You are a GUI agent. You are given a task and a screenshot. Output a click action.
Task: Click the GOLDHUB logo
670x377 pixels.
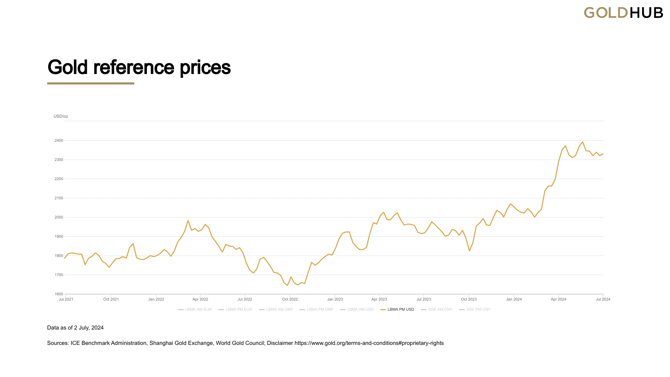[623, 13]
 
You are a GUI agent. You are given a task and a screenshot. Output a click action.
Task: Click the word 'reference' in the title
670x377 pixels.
[134, 67]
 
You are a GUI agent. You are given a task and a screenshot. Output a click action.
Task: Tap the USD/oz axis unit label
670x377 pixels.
[61, 116]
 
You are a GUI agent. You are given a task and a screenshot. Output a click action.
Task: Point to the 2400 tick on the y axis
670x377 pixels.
[59, 141]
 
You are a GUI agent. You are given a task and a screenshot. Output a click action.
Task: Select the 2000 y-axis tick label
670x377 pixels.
[59, 217]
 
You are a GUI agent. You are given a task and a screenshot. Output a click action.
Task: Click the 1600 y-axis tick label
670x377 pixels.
[59, 294]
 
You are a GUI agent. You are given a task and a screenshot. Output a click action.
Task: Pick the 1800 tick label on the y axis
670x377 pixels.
[59, 256]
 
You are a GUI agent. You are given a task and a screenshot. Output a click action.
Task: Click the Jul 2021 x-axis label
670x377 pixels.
[66, 299]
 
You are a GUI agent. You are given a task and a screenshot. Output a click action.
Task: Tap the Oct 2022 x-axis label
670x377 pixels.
[290, 299]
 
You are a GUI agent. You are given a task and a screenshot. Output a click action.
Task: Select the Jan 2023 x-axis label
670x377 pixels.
[335, 299]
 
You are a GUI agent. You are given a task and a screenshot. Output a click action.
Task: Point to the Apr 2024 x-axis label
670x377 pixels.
[558, 299]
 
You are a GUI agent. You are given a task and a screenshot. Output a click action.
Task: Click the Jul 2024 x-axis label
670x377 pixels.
[603, 299]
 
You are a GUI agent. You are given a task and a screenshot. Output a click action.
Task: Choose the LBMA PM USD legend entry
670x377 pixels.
[397, 310]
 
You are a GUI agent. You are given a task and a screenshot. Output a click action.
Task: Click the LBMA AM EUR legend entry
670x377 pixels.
[195, 310]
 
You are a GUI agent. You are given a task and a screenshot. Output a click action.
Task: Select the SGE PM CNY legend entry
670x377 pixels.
[475, 310]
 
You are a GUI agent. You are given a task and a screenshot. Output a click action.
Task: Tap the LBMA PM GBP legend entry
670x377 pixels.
[316, 310]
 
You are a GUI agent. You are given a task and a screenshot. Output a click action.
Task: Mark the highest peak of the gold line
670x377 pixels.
[582, 142]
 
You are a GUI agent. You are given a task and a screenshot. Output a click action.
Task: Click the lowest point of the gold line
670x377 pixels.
[288, 285]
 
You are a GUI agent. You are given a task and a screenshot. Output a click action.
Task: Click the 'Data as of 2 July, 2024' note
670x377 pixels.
[75, 328]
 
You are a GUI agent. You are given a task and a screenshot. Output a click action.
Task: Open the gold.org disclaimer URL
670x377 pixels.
[369, 343]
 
